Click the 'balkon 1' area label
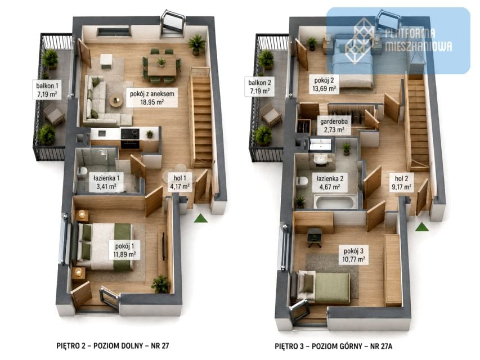coord(47,89)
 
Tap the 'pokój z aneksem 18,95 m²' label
coord(152,98)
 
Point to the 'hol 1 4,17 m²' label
coord(180,182)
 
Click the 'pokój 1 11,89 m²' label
coord(124,250)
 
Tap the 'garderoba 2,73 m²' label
coord(334,125)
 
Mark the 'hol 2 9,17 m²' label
coord(401,182)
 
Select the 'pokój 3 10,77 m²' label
coord(353,255)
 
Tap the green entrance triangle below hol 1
coord(201,218)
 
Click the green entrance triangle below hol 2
coord(422,227)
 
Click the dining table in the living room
coord(162,65)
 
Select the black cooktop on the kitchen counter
coord(130,134)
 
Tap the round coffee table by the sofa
coord(116,101)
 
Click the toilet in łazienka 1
coord(82,173)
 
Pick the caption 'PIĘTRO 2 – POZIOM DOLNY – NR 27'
coord(113,345)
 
